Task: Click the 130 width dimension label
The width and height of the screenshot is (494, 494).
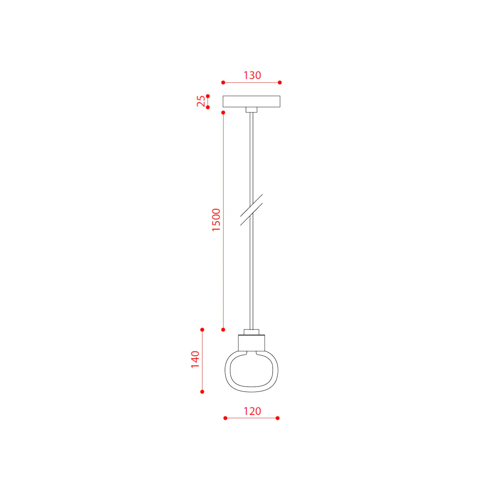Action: click(x=252, y=75)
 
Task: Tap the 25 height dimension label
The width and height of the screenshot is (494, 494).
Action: click(x=200, y=101)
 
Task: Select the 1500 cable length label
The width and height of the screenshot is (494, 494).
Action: click(x=216, y=220)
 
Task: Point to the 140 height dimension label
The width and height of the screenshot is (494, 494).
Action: click(x=195, y=359)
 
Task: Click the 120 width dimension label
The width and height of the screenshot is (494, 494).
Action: click(x=252, y=411)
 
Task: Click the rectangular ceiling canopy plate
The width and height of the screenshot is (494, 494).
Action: click(x=252, y=101)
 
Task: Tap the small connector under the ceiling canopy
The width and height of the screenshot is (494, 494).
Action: click(x=252, y=110)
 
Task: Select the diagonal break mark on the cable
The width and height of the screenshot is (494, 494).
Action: click(x=252, y=210)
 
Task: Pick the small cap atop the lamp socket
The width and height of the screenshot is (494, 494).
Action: click(x=252, y=332)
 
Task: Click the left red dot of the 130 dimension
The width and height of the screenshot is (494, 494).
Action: click(x=223, y=83)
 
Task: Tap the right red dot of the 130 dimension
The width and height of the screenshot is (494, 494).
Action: click(x=280, y=83)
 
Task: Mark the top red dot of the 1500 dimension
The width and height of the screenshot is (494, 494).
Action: click(x=223, y=112)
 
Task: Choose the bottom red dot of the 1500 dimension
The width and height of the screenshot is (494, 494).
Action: click(x=223, y=330)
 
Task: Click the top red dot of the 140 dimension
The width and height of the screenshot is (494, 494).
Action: click(x=202, y=330)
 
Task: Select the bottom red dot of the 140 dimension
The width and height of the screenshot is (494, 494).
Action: click(x=202, y=392)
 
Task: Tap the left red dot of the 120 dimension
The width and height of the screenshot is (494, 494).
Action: click(x=225, y=418)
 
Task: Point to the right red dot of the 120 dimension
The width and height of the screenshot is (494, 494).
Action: click(x=278, y=418)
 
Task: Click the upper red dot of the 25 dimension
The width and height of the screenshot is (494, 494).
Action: click(x=208, y=96)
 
